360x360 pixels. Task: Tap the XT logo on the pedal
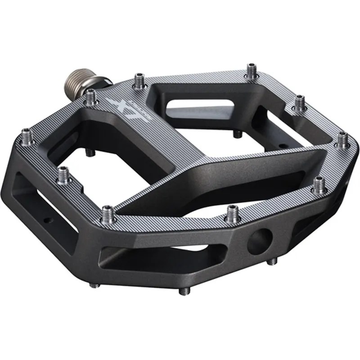pyautogui.click(x=119, y=108)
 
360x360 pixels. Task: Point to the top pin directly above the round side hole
pyautogui.click(x=232, y=211)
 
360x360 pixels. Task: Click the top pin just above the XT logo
pyautogui.click(x=139, y=78)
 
